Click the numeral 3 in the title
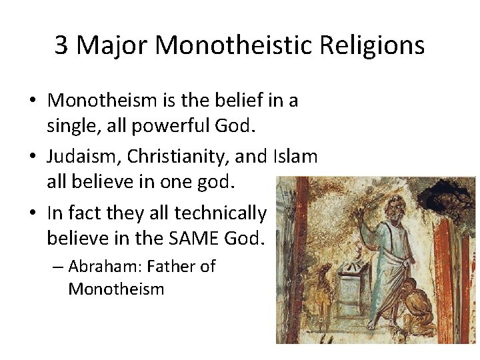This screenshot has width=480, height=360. coord(61,45)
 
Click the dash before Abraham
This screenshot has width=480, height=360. coord(57,267)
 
